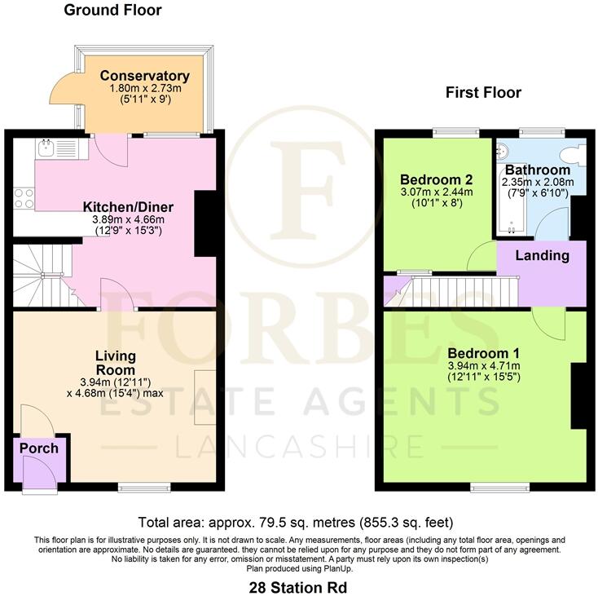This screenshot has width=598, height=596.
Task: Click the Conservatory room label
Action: [x=143, y=78]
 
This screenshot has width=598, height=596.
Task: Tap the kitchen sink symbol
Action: [x=46, y=148]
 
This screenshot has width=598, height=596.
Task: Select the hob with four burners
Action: [x=24, y=198]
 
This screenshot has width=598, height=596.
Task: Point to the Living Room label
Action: [x=116, y=363]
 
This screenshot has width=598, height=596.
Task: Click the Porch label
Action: [x=38, y=448]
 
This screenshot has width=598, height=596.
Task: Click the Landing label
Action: [x=543, y=256]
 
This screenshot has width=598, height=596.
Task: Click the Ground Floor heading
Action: [x=112, y=11]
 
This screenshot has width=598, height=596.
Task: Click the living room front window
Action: [x=136, y=487]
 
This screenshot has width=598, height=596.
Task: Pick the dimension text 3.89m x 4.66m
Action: [x=127, y=219]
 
